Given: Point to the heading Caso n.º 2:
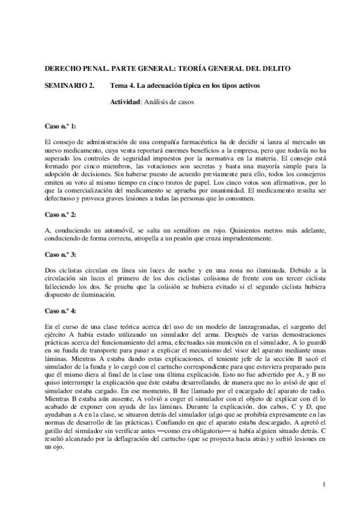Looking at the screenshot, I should click(x=60, y=197).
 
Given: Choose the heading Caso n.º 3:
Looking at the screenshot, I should click(x=60, y=238).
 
